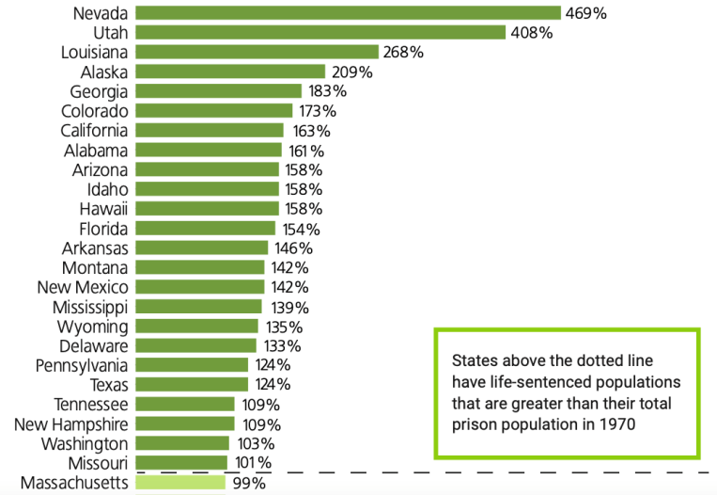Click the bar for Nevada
tap(348, 13)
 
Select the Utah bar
tap(320, 33)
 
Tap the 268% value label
tap(403, 53)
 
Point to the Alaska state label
tap(104, 72)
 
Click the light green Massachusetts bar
tap(180, 483)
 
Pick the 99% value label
tap(248, 483)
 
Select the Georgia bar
tap(219, 91)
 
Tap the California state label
tap(95, 131)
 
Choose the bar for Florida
tap(206, 229)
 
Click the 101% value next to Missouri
tap(251, 463)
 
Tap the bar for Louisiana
tap(257, 53)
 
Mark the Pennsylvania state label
tap(83, 365)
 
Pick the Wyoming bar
tap(196, 327)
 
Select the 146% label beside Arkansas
tap(292, 248)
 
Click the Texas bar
tap(192, 385)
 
